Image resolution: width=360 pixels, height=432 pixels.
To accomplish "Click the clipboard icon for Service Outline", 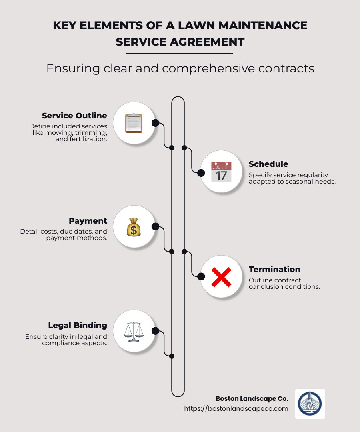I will [x=134, y=123].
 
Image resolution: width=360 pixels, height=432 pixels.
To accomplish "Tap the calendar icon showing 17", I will [x=221, y=172].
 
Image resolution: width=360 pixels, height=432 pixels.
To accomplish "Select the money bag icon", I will [x=134, y=227].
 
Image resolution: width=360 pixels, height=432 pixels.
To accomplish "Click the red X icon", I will [x=221, y=276].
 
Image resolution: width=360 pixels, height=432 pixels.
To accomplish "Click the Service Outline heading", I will [x=74, y=116].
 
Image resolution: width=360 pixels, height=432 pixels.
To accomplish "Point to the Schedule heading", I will [x=268, y=164].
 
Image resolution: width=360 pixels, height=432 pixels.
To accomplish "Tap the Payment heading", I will [x=88, y=221].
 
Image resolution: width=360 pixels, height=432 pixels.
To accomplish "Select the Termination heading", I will [x=274, y=269].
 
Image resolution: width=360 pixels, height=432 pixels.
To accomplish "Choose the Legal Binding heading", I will [x=78, y=325].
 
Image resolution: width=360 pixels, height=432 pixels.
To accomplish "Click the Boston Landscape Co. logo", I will [x=310, y=404].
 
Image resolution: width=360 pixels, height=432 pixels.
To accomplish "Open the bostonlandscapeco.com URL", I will [x=236, y=408].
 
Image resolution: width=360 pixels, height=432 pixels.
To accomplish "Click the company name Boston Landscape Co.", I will [x=252, y=398].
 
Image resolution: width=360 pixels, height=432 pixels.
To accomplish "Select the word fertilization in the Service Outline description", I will [x=87, y=139].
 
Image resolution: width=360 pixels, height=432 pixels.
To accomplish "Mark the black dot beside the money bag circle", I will [x=156, y=226].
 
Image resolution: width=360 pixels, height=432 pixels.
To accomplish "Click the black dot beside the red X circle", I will [x=201, y=276].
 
